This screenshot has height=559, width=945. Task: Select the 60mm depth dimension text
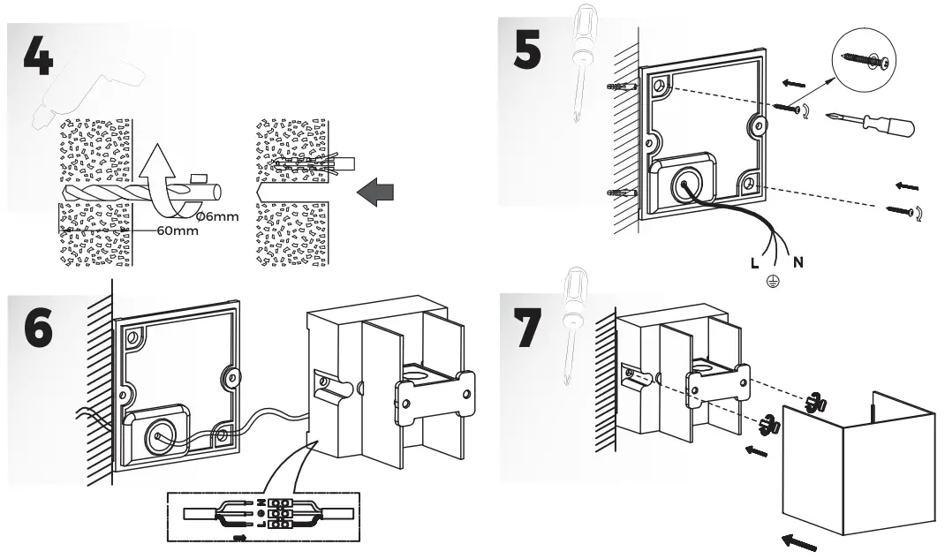coord(178,231)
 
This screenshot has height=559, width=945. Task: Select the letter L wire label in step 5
coord(752,263)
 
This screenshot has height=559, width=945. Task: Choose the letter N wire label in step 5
coord(798,262)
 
